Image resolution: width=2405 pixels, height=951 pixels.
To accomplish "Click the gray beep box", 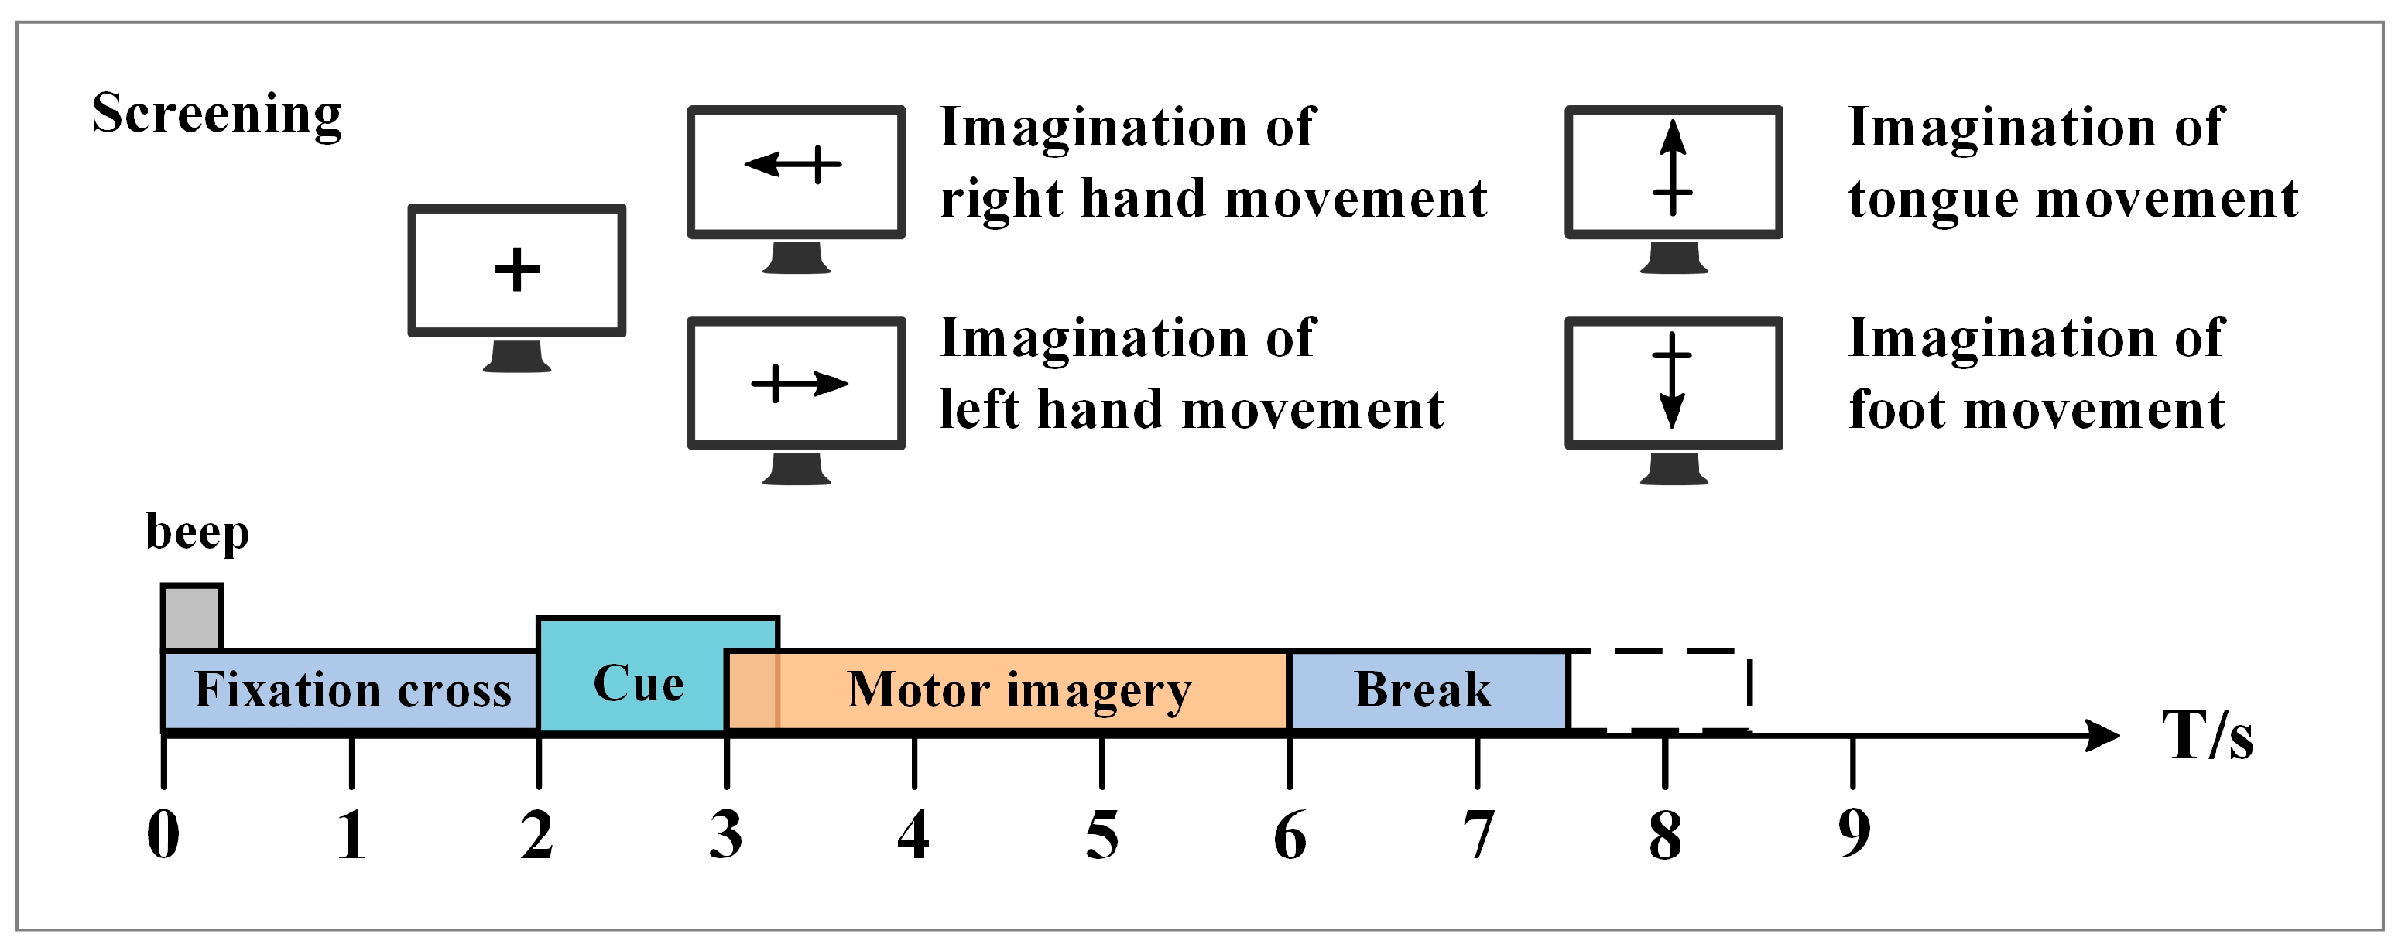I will [x=191, y=617].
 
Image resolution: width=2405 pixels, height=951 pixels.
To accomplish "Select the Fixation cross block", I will [x=351, y=691].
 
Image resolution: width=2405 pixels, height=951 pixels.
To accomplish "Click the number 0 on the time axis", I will [x=163, y=834].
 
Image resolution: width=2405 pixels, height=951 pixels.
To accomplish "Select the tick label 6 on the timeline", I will [x=1290, y=834].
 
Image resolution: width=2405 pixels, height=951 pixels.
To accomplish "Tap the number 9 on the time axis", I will [x=1853, y=833].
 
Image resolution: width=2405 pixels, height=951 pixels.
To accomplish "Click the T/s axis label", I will [x=2207, y=737].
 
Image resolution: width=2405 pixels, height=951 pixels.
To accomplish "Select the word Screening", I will [x=217, y=115].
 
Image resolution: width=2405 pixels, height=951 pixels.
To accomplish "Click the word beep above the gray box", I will [x=197, y=533].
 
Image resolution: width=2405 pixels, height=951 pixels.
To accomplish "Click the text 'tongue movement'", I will [x=2073, y=200].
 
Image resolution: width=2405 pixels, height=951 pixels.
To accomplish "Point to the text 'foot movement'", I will [x=2037, y=409].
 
